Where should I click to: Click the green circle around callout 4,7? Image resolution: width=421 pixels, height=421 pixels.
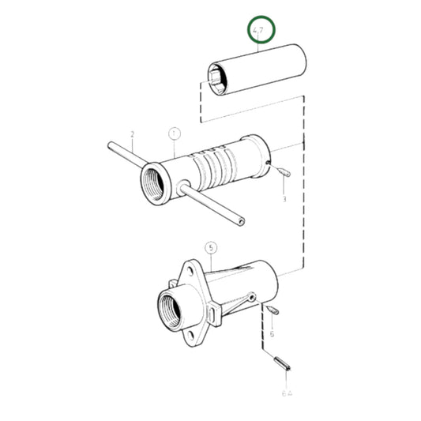pos(260,32)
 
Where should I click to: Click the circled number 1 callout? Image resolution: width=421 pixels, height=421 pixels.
pos(174,134)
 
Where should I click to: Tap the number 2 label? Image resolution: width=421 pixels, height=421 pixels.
pos(133,134)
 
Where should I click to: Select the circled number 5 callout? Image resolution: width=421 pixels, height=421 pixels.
pos(211,248)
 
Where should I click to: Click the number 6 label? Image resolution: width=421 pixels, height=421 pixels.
pos(271,334)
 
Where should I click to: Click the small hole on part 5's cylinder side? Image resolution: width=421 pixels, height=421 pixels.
pos(250,298)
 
